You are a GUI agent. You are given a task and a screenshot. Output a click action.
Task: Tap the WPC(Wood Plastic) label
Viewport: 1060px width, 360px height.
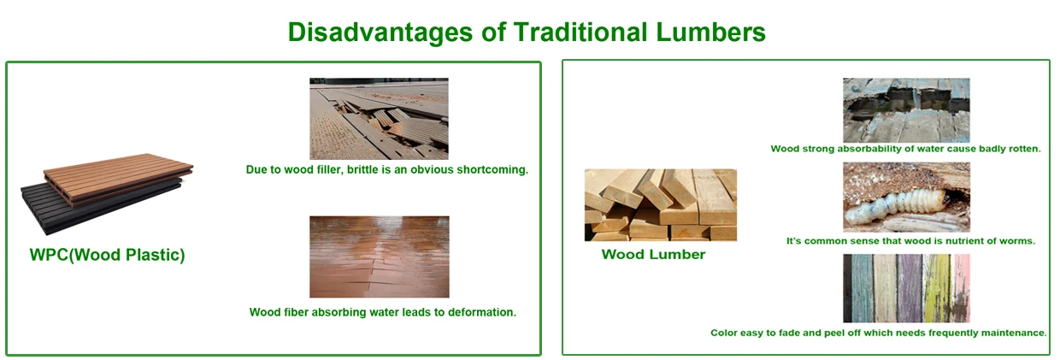point(107,255)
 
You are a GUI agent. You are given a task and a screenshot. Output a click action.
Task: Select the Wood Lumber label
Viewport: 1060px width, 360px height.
point(653,254)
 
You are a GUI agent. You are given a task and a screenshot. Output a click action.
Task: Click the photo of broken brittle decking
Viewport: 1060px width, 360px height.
point(379,118)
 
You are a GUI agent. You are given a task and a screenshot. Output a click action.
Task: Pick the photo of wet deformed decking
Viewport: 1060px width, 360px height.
point(379,257)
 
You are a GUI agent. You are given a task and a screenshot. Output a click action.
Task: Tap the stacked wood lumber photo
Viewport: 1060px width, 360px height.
point(660,204)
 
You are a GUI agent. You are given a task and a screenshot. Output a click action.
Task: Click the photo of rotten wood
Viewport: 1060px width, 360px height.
point(906,109)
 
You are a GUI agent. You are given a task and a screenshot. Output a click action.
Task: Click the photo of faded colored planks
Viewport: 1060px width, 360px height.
point(906,287)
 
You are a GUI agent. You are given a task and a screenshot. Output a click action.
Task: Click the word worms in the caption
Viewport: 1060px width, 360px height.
point(1016,241)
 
